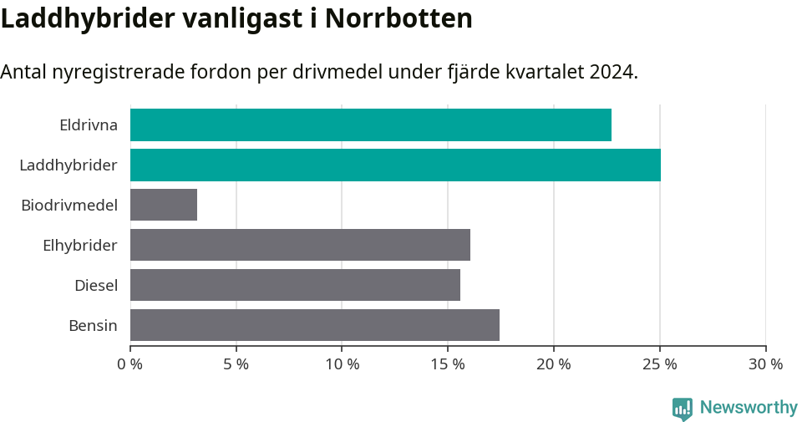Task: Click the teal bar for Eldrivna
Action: tap(371, 125)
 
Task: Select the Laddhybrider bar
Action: tap(395, 165)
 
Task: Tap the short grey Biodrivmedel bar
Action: tap(164, 205)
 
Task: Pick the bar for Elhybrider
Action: tap(300, 245)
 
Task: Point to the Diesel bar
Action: tap(295, 285)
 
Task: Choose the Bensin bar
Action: tap(315, 325)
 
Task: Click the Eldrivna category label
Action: tap(88, 125)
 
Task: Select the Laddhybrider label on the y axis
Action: tap(69, 165)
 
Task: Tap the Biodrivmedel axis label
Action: tap(69, 206)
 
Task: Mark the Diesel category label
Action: tap(95, 286)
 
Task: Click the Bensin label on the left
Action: tap(93, 326)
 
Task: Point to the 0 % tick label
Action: tap(130, 364)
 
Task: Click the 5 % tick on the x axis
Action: tap(236, 364)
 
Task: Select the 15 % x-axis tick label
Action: tap(448, 364)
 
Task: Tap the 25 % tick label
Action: tap(660, 364)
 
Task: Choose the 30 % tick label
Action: tap(765, 364)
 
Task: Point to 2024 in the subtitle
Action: tap(612, 72)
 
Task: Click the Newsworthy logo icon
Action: tap(683, 409)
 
